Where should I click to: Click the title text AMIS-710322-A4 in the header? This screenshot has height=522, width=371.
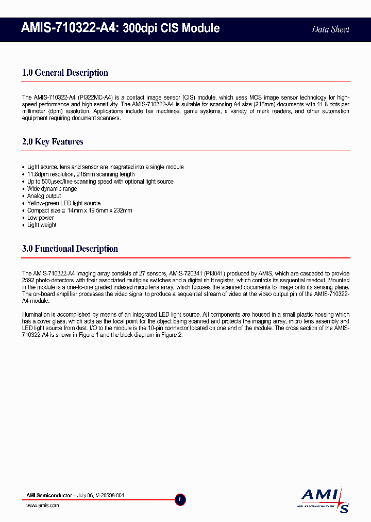[71, 28]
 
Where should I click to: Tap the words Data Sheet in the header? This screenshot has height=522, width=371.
[330, 29]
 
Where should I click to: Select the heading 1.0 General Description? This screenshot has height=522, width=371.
[65, 73]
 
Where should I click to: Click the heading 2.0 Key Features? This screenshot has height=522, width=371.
[53, 142]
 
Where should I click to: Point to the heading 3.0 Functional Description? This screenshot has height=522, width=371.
[70, 249]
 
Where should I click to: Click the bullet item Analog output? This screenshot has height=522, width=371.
[44, 196]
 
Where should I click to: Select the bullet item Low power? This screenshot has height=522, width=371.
[40, 218]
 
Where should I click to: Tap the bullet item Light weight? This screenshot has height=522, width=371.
[42, 225]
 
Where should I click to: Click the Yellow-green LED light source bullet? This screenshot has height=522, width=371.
[64, 203]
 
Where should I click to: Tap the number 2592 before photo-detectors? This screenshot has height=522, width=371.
[29, 280]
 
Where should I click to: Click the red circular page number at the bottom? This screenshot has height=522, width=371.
[180, 499]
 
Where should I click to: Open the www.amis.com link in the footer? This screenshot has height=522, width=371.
[42, 505]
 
